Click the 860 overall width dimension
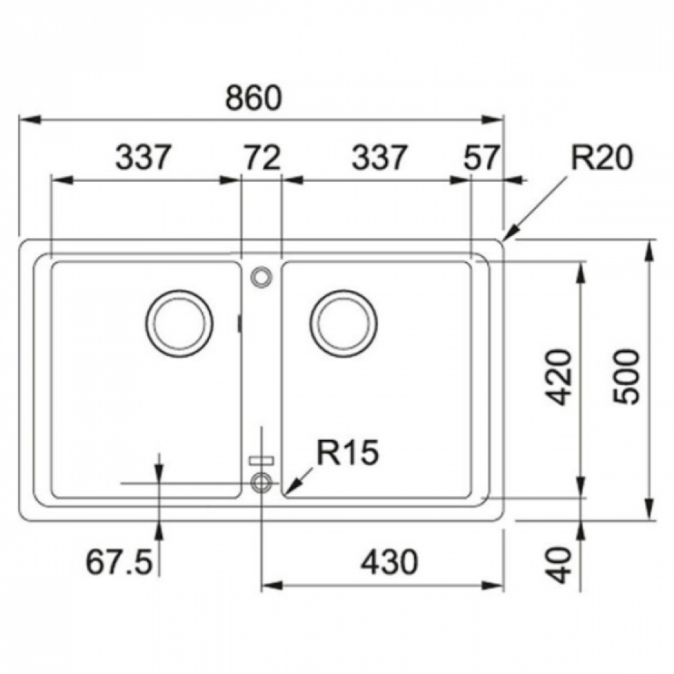point(253,98)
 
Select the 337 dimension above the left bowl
point(144,157)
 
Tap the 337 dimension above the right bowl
point(379,157)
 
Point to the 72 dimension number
point(263,157)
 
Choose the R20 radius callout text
point(602,157)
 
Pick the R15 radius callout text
point(348,452)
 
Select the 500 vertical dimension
point(626,377)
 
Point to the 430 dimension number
point(390,562)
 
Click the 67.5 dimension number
point(119,562)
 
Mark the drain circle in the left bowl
point(180,324)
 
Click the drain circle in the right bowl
point(343,324)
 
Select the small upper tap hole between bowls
point(262,276)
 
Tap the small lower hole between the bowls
point(262,483)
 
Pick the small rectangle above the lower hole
point(262,460)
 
